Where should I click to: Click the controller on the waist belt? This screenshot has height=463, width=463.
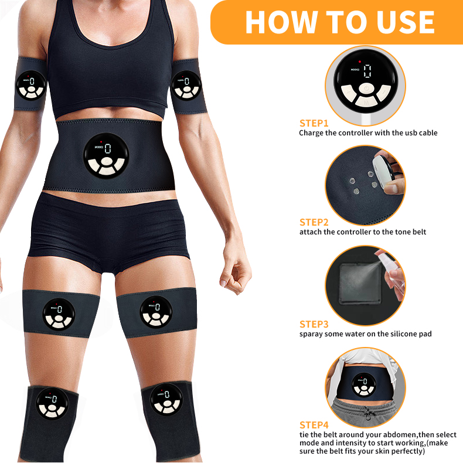[x=107, y=155]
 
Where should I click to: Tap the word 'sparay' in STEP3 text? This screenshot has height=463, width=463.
[x=312, y=334]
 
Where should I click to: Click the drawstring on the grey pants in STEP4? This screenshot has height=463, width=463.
[x=366, y=413]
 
